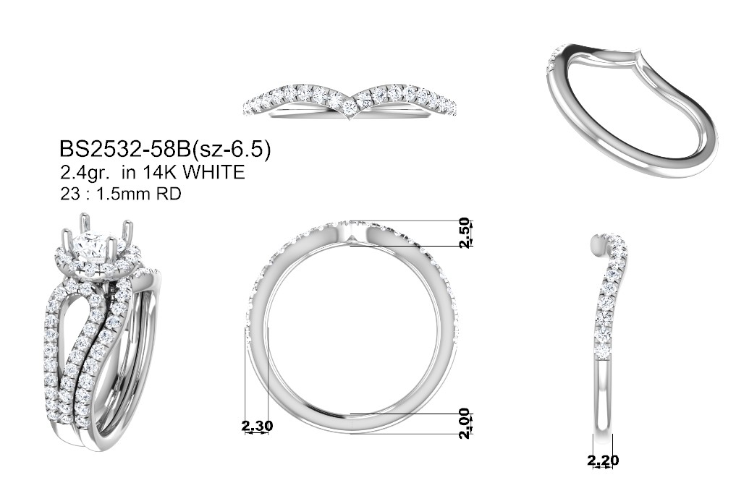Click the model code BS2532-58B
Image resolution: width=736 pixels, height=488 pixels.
pyautogui.click(x=125, y=149)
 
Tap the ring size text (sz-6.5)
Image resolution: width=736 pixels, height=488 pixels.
pyautogui.click(x=231, y=150)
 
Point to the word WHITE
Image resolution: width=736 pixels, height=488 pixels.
pyautogui.click(x=213, y=173)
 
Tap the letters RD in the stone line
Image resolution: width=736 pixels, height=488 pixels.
pyautogui.click(x=169, y=193)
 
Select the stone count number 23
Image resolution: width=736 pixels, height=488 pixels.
pyautogui.click(x=69, y=193)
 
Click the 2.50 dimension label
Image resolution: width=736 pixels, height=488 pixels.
pyautogui.click(x=464, y=233)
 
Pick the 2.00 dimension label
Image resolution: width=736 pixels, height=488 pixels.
pyautogui.click(x=464, y=424)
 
